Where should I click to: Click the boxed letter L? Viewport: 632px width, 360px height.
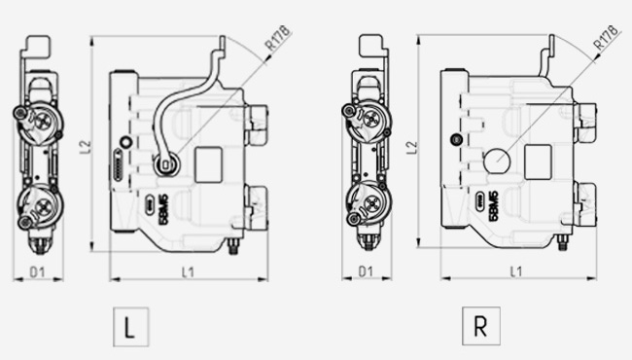130,327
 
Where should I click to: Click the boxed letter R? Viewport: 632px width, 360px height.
481,326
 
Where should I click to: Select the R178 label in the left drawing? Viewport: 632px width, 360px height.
278,38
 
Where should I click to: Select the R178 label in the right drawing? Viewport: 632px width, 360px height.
606,38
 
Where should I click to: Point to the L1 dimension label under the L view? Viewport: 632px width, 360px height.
188,272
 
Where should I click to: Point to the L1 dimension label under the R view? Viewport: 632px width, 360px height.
516,271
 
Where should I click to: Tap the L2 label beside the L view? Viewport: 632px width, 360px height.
86,147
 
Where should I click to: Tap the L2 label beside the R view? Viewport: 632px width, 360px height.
412,148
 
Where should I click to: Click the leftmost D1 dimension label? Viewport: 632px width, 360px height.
38,272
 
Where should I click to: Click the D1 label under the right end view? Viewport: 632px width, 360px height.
366,271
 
